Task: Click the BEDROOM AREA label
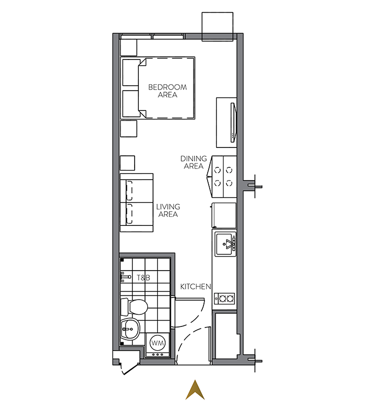167,91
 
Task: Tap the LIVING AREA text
168,211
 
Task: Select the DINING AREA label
193,162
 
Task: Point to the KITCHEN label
196,286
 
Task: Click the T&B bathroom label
144,277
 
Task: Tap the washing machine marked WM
157,345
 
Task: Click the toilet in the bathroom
134,306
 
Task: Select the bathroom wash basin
130,329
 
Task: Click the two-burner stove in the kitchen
224,299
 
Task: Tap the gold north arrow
195,390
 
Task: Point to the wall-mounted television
233,123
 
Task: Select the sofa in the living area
137,203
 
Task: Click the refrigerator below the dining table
224,215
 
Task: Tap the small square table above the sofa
127,163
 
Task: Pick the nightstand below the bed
129,128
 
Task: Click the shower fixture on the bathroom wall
126,277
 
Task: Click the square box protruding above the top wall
218,26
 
